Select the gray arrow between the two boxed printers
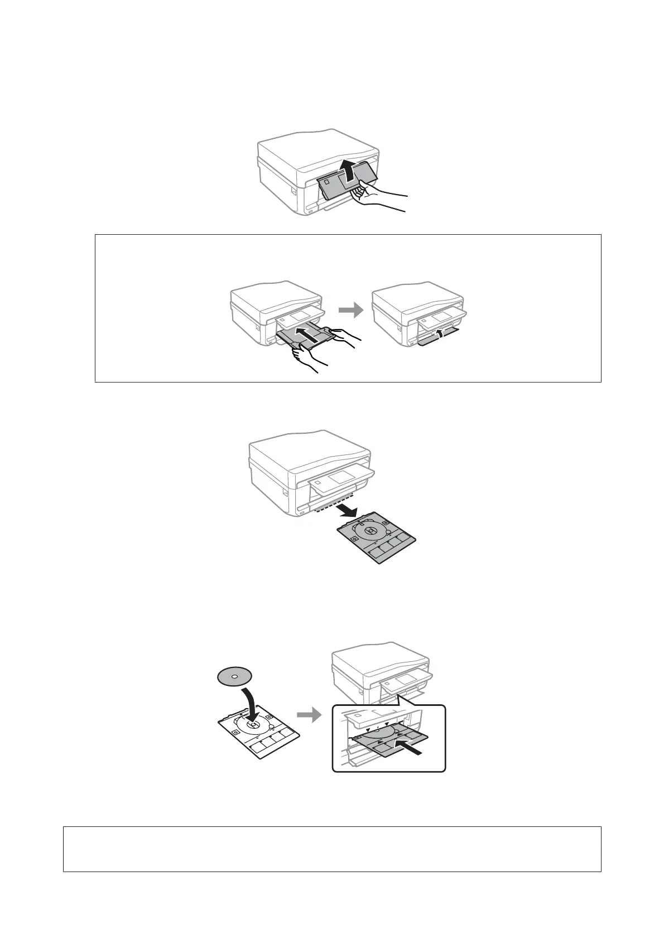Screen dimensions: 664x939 point(350,311)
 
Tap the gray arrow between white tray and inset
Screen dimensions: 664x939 point(310,714)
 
